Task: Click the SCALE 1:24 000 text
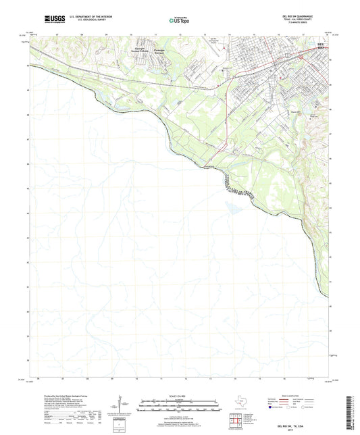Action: pos(180,394)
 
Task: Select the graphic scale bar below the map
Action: pos(180,405)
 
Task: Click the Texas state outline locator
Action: pos(241,404)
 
